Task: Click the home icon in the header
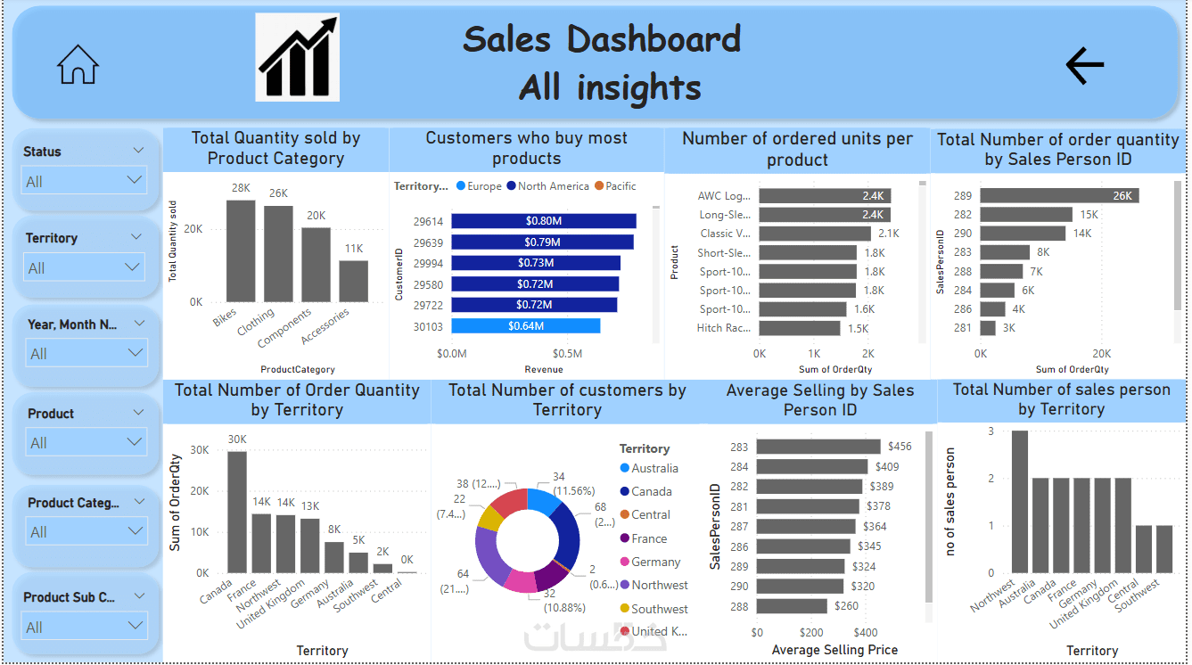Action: pos(78,64)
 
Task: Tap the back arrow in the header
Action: pos(1084,64)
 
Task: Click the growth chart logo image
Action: pos(297,57)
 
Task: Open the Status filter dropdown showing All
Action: pos(85,181)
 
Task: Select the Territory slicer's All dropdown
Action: pos(85,267)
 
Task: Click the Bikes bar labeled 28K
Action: pos(240,251)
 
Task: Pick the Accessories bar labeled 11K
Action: pos(353,281)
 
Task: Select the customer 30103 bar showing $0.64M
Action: pos(525,326)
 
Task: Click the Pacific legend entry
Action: pos(615,186)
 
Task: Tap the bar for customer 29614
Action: pos(543,221)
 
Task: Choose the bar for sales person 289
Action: pos(1058,196)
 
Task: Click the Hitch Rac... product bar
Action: pos(799,328)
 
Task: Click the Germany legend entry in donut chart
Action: pos(655,562)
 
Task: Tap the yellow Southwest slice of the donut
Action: pos(490,518)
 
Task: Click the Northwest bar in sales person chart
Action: pos(1019,502)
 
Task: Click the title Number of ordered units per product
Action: pos(797,149)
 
